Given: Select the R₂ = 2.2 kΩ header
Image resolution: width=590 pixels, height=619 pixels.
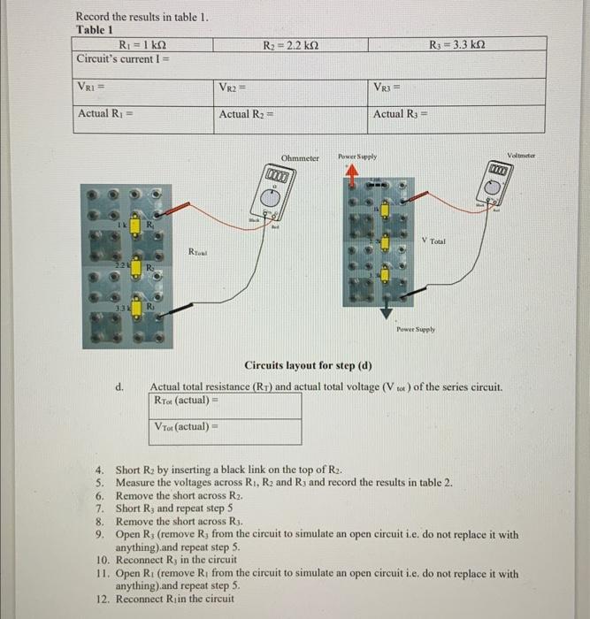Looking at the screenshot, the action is (x=293, y=44).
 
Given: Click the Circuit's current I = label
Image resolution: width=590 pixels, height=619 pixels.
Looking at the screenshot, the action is (x=123, y=59).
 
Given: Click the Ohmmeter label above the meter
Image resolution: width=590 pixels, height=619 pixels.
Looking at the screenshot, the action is (x=300, y=158).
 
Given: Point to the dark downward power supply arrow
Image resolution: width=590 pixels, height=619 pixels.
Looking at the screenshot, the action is (x=386, y=314).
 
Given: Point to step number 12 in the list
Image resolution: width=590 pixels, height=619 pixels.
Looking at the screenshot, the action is (x=100, y=598).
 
